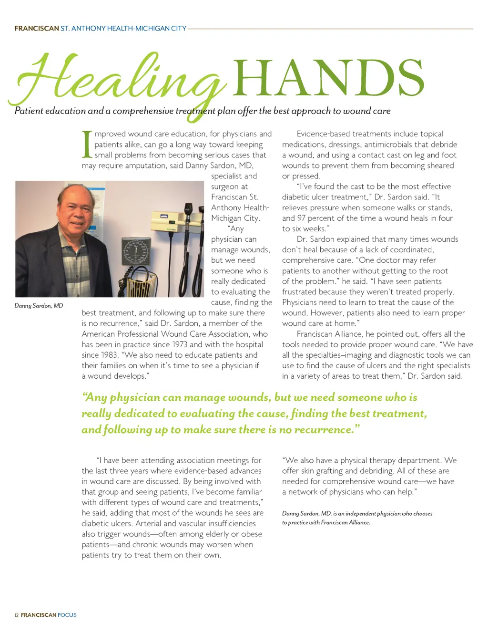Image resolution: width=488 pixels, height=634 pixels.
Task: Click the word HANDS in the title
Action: (328, 78)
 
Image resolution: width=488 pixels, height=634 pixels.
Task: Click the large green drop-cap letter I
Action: (87, 144)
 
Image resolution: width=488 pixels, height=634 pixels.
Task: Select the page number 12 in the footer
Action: (17, 615)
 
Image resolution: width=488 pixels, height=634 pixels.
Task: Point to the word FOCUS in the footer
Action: (67, 615)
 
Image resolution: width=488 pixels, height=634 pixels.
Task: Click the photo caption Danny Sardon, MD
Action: (39, 306)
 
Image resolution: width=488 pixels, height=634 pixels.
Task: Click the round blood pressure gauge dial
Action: (136, 252)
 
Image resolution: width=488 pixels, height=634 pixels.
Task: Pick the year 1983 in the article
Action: (109, 355)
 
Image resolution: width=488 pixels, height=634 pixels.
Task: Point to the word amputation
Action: (144, 166)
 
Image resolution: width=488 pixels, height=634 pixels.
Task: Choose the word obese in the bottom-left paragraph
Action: (251, 534)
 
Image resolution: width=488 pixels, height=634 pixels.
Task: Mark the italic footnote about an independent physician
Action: (357, 518)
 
